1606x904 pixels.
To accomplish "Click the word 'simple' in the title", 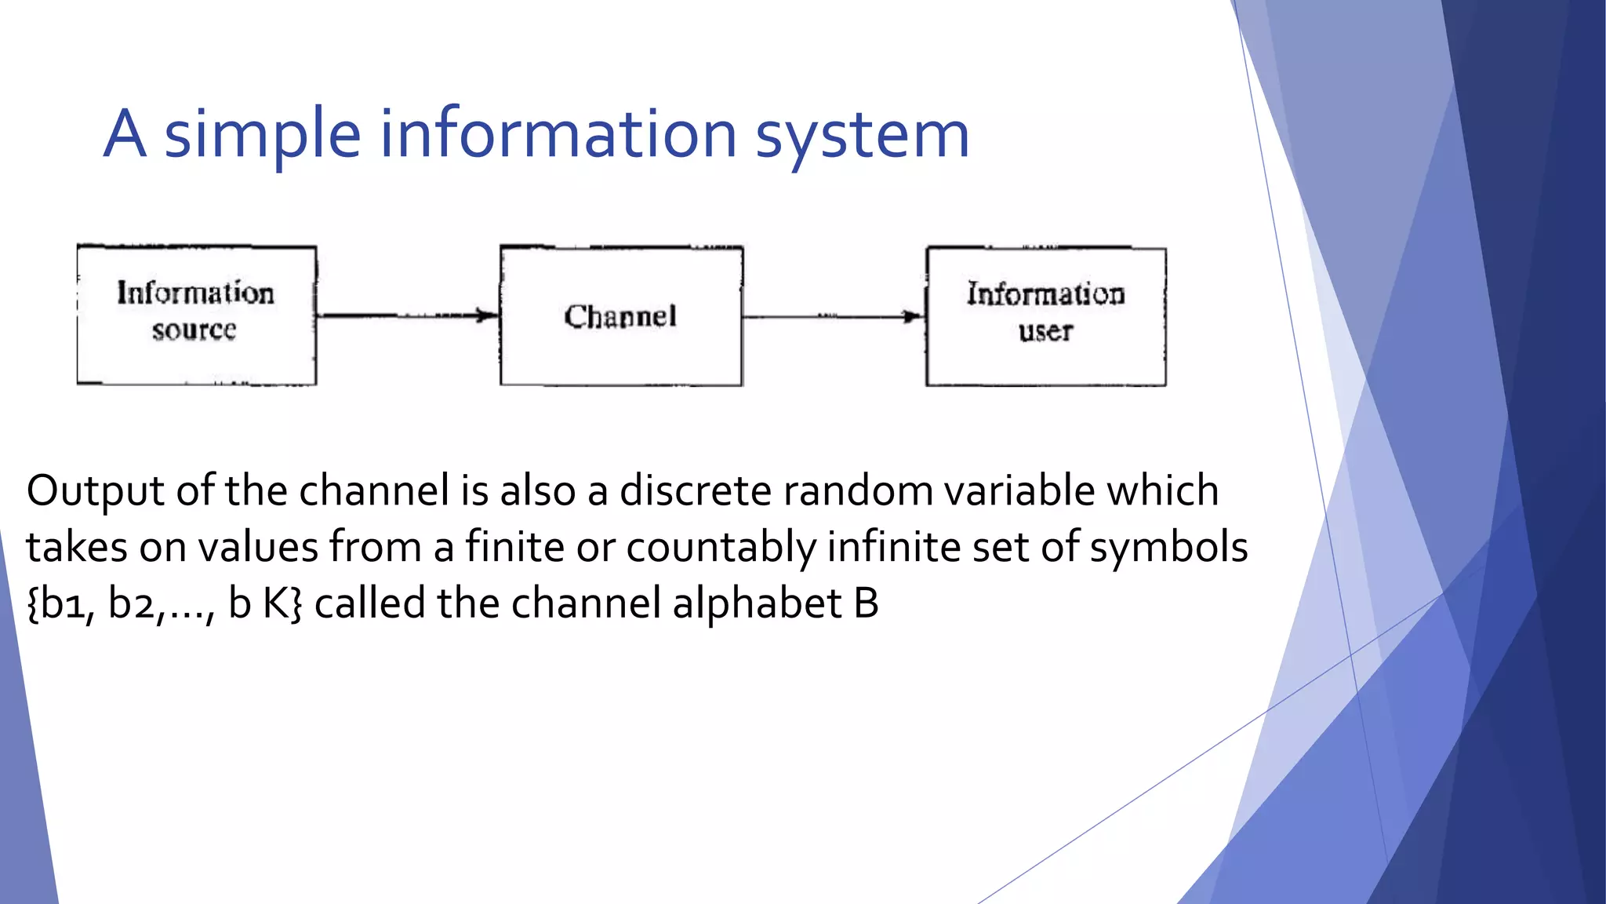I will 262,135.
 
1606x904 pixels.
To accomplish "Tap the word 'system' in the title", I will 862,135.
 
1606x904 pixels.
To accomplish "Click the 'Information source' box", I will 196,315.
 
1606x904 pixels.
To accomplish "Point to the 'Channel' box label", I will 620,316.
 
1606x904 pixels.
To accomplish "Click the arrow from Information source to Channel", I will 408,315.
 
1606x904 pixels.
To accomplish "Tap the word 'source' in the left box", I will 194,330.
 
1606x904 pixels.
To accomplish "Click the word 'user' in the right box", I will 1045,332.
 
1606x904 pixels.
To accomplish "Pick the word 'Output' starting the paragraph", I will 96,491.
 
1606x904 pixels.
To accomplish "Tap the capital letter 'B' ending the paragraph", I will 866,603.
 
